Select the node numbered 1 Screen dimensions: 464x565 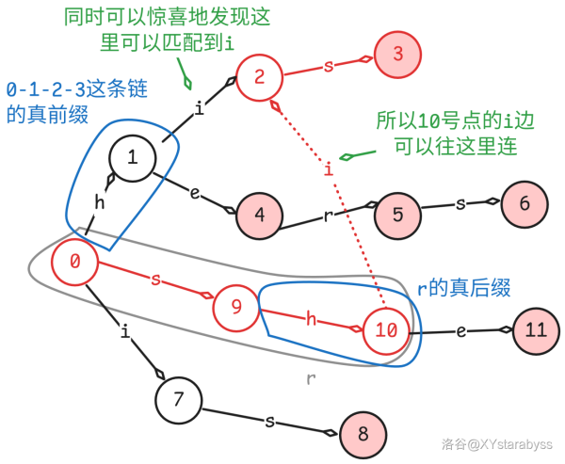click(x=133, y=157)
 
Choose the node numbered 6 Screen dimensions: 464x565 click(x=525, y=201)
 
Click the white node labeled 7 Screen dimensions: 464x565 click(x=179, y=398)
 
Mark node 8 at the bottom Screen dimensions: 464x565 click(x=363, y=434)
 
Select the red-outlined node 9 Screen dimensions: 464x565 click(x=235, y=306)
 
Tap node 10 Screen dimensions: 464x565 click(x=386, y=329)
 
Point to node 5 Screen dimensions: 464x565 click(x=397, y=215)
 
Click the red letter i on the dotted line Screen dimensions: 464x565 click(x=329, y=169)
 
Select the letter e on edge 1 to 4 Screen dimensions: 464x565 click(x=195, y=194)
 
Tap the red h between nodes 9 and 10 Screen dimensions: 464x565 click(x=311, y=318)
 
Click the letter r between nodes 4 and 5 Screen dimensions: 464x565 click(x=328, y=215)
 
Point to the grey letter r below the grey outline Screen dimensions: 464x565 click(x=310, y=378)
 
